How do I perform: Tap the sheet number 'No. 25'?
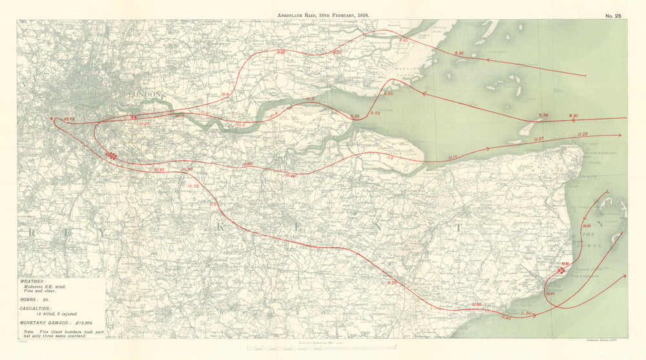614,15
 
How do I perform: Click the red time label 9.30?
574,116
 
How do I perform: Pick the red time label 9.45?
404,40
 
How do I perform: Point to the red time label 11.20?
392,283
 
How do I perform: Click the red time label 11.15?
452,157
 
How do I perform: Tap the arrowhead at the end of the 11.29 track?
620,136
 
